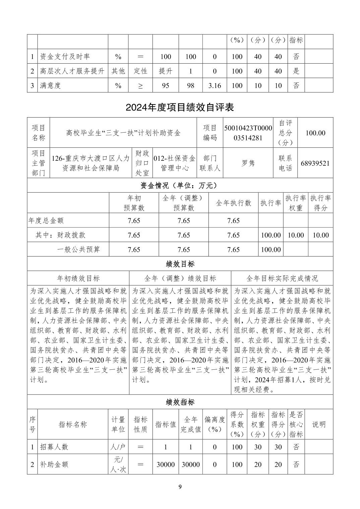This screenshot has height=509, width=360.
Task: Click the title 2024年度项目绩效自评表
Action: coord(180,107)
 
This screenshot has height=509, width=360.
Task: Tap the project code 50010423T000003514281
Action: coord(248,133)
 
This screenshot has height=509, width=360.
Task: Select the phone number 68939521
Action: coord(315,163)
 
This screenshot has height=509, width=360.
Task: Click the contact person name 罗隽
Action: coord(248,163)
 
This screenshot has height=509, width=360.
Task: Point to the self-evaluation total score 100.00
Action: coord(315,133)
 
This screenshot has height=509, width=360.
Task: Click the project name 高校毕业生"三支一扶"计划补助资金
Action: coord(123,133)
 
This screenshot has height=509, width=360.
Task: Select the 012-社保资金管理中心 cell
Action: coord(174,163)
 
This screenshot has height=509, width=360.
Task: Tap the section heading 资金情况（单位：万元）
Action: coord(180,185)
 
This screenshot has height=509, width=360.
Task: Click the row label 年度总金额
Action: coord(46,221)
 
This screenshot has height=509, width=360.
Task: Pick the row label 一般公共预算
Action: coord(79,249)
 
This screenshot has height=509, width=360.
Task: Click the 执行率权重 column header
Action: coord(296,203)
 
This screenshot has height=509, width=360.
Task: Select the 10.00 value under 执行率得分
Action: coord(320,235)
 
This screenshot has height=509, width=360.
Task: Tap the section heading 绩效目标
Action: coord(180,264)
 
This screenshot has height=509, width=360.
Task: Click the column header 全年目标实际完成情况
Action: coord(282,278)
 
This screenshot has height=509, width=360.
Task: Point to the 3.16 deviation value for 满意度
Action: coord(215,85)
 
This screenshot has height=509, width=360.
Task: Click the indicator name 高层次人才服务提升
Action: coord(72,71)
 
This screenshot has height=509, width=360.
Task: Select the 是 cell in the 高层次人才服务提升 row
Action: coord(296,71)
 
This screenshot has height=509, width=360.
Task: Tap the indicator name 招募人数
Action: coord(54,447)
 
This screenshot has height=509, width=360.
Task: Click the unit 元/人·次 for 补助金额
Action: coord(118,464)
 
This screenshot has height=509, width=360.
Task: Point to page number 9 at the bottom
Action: coord(180,487)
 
